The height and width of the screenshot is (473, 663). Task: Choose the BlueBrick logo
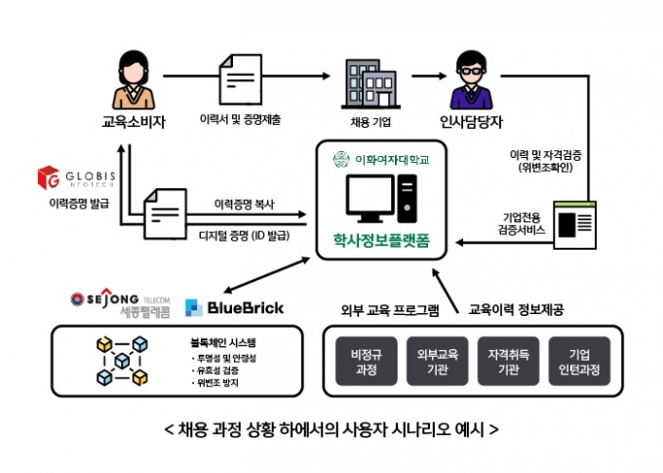[x=234, y=307]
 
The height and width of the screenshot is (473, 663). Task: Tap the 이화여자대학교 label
[x=379, y=159]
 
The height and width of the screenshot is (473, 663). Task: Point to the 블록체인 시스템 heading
[x=225, y=343]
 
